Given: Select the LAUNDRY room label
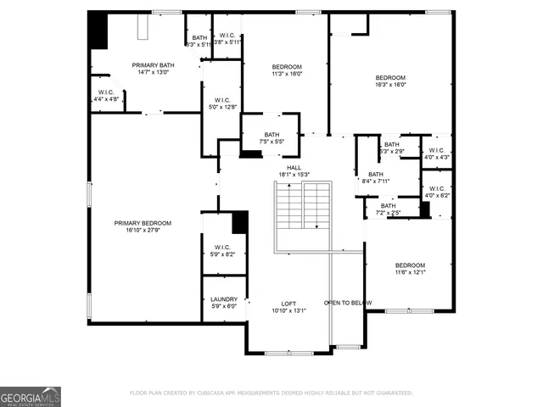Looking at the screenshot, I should click(223, 298).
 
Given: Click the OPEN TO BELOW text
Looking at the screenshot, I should click(348, 303).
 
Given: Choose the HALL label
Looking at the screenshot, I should click(294, 168).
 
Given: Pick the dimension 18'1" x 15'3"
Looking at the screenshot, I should click(294, 175).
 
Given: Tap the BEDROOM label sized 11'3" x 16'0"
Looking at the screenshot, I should click(287, 67).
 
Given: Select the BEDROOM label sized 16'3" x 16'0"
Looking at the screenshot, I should click(391, 77).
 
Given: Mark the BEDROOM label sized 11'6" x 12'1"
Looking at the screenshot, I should click(410, 265).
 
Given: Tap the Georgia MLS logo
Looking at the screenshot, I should click(31, 396).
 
